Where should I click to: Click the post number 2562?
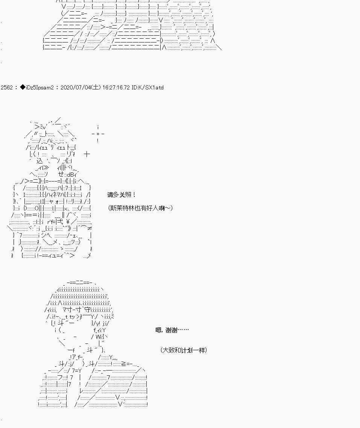(x=6, y=88)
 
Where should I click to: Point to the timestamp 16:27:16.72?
(x=116, y=88)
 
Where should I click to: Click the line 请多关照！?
(x=121, y=195)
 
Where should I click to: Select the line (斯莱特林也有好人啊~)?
(x=140, y=208)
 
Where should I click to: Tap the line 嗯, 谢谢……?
(x=172, y=330)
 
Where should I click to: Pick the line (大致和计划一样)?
(x=183, y=350)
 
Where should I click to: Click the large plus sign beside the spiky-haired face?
(x=87, y=154)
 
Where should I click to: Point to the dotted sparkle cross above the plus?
(x=98, y=134)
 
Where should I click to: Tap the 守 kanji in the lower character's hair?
(x=87, y=309)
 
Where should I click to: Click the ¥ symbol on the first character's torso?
(x=68, y=222)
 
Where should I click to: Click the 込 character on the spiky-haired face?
(x=40, y=160)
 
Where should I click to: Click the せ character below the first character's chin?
(x=61, y=174)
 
